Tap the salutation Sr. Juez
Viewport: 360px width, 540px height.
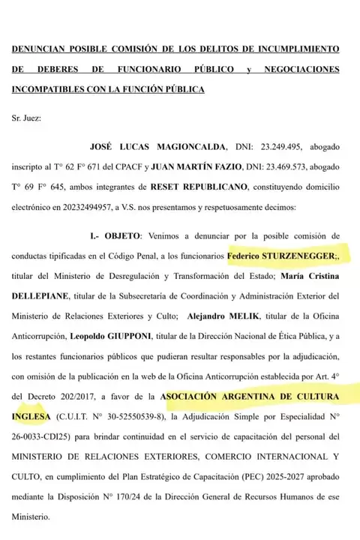(28, 118)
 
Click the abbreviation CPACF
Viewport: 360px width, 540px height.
(157, 166)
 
